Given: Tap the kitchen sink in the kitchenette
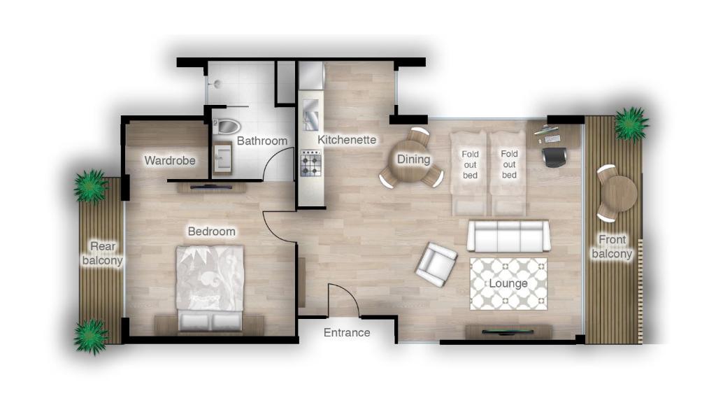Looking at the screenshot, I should click(310, 115).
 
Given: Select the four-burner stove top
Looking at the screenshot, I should click(310, 164).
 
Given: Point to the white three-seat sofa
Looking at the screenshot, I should click(508, 236).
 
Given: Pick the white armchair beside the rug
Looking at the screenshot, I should click(436, 264).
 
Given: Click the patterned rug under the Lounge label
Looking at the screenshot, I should click(508, 283).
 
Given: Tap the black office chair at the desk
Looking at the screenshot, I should click(554, 157).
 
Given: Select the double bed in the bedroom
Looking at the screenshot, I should click(210, 287).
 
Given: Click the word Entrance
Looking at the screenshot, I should click(347, 333).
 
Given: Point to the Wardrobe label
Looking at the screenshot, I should click(170, 161).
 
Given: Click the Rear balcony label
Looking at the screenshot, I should click(102, 253).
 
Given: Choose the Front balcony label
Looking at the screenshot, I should click(612, 247).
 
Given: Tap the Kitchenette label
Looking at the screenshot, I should click(347, 140).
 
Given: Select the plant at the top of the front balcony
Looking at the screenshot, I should click(631, 124).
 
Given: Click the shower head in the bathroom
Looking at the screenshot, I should click(217, 84).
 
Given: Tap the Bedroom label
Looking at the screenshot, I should click(211, 232).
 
